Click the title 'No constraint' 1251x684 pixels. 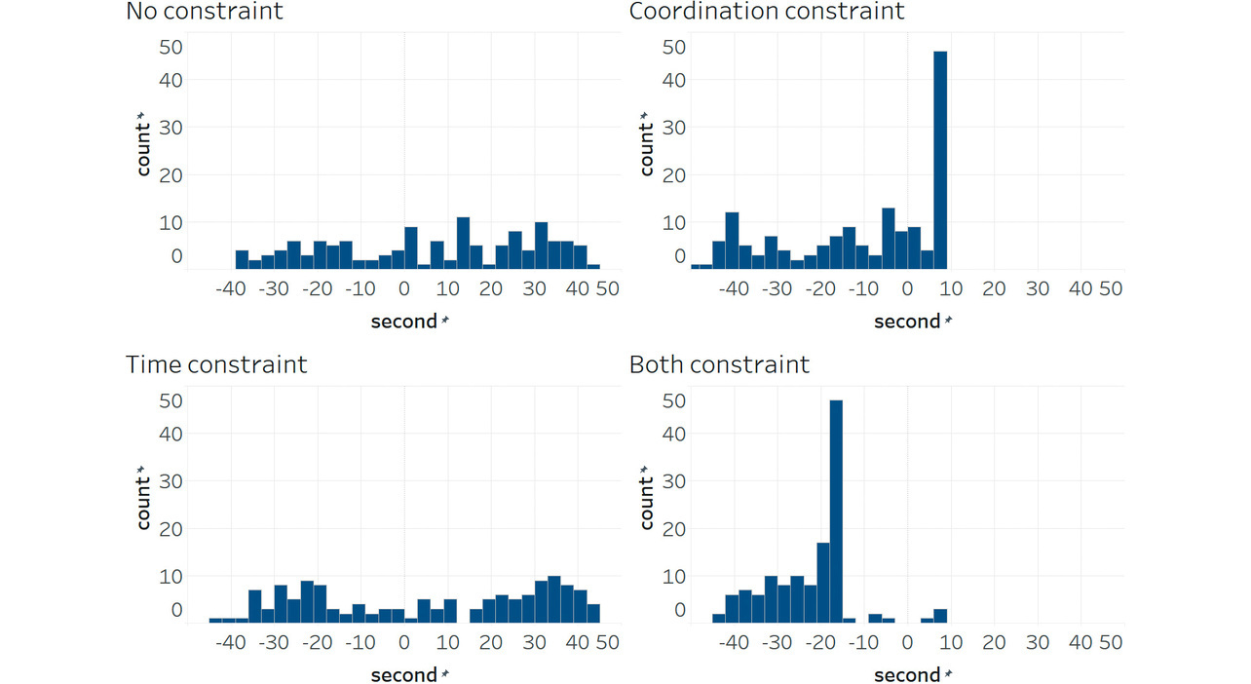(205, 12)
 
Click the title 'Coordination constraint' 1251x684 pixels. (767, 12)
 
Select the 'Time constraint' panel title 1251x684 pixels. (216, 364)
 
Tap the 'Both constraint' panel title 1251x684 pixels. (719, 364)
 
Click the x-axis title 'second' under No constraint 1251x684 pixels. (404, 322)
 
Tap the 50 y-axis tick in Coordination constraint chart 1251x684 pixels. (674, 46)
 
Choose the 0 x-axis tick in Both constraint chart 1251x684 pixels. (907, 643)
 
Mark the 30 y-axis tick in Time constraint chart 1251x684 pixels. (171, 481)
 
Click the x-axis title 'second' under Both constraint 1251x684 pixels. (907, 675)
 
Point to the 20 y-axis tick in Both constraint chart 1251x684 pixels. (674, 529)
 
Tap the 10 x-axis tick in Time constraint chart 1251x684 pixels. (447, 643)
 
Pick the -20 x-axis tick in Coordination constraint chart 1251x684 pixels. (820, 289)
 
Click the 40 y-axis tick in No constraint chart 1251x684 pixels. (171, 79)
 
